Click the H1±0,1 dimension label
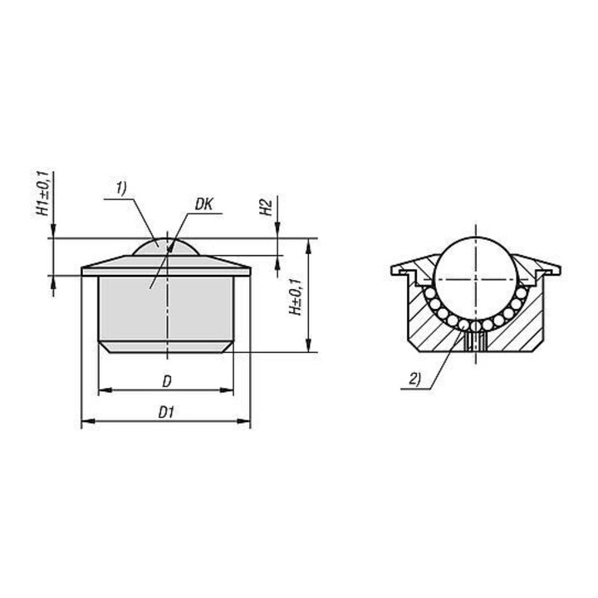click(44, 194)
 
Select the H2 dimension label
click(266, 207)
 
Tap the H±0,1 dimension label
click(297, 297)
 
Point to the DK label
click(203, 205)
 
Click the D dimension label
click(167, 381)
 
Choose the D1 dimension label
click(166, 413)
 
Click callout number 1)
click(121, 189)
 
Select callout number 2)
click(415, 380)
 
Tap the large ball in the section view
click(476, 280)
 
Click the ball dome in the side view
click(166, 248)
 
